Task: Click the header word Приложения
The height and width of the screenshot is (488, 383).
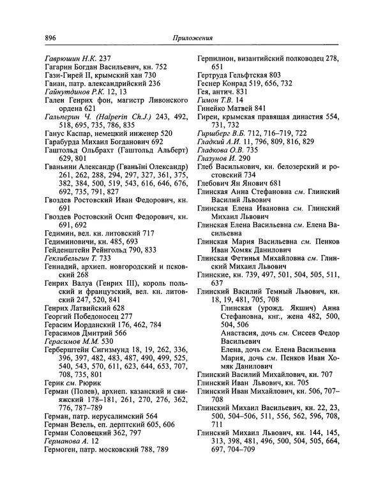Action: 193,38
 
